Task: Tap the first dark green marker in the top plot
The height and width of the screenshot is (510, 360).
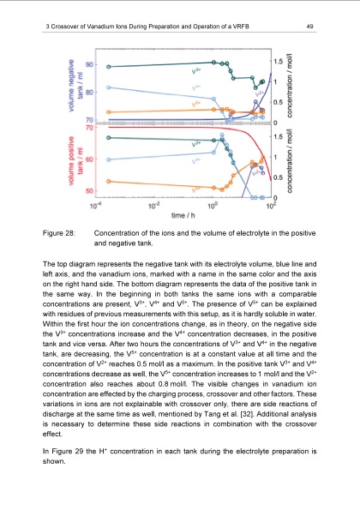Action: pos(106,67)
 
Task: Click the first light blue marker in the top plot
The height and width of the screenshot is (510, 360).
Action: pos(106,87)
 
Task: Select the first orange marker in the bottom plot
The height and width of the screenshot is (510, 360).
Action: pos(106,181)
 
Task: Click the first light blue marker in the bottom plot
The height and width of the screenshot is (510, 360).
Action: pos(106,159)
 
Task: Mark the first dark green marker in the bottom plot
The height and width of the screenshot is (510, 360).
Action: pos(106,137)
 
